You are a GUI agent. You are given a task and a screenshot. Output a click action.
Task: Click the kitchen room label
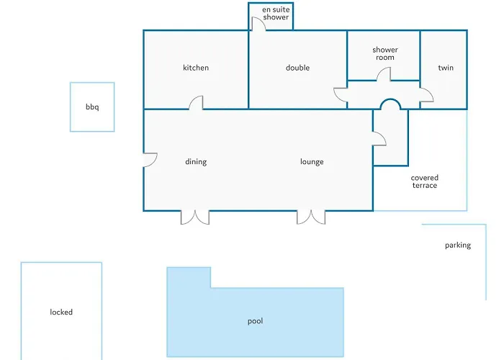point(196,68)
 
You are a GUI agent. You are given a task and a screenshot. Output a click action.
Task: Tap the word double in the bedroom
point(297,68)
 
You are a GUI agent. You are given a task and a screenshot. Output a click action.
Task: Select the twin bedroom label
point(446,68)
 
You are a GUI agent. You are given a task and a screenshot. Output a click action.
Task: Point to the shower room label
point(385,54)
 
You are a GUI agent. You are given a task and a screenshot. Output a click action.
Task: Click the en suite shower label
point(276,14)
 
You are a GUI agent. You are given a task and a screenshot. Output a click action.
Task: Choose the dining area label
point(196,162)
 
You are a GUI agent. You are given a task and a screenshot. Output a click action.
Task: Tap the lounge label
point(312,162)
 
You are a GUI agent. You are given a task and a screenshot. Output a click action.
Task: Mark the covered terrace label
point(425,181)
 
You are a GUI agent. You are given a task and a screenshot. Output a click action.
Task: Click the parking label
point(458,246)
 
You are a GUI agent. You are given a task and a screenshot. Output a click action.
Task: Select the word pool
point(255,321)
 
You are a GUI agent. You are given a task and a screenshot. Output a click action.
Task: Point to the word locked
point(61,312)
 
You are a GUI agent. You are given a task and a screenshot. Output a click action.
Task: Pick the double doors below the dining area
point(195,217)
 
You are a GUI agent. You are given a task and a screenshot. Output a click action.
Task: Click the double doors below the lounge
point(311,217)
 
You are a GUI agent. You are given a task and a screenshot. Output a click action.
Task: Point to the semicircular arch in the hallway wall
point(390,99)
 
